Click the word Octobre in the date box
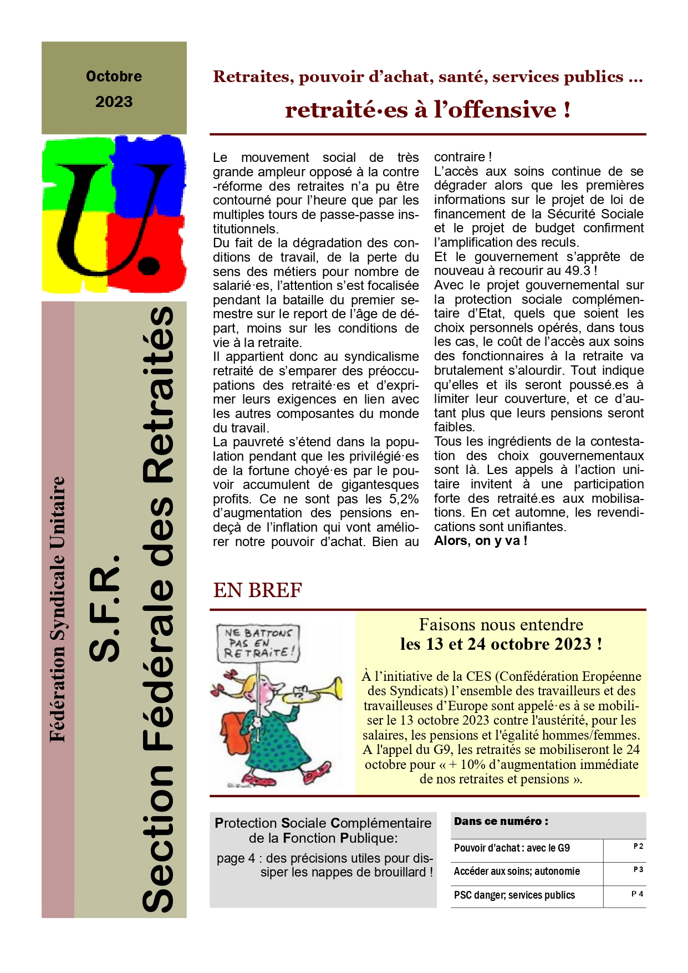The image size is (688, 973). point(114,76)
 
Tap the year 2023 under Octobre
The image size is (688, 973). point(114,102)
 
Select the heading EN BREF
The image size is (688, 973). point(258,590)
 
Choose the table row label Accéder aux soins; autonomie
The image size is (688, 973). point(517,872)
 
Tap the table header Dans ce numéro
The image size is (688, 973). point(501,822)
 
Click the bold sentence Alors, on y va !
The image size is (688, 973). point(481,541)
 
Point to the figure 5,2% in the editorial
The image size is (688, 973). point(404,499)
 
